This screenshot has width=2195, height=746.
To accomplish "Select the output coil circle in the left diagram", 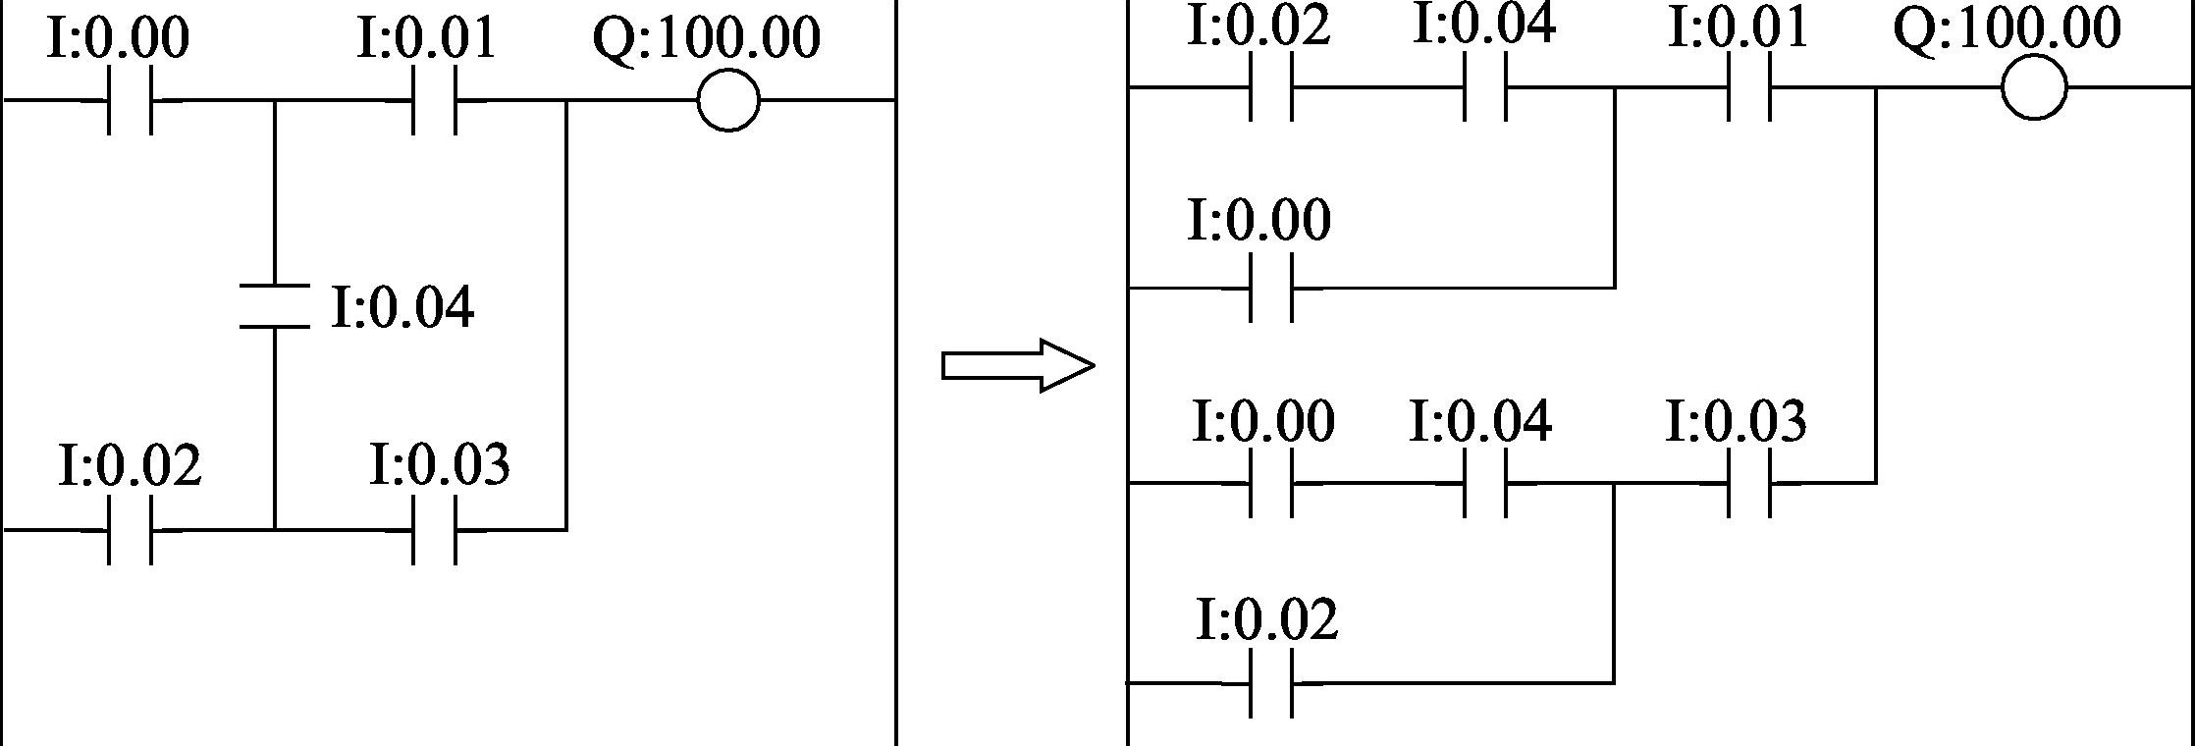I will click(x=727, y=100).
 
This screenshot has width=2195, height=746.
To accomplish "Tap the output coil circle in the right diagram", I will click(x=2033, y=88).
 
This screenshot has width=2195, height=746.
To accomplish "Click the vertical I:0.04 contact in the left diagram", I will click(x=275, y=305).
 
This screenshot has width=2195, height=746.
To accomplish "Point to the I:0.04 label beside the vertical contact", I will click(x=402, y=307).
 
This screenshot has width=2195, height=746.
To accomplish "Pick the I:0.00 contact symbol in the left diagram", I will click(x=129, y=100).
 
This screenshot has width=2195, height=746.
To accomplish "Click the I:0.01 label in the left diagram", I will click(x=426, y=39).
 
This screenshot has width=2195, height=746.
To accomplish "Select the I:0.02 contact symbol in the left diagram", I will click(x=131, y=530).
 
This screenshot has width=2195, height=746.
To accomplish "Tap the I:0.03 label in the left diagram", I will click(x=440, y=465).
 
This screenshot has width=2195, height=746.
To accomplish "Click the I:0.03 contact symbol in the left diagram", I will click(x=434, y=530).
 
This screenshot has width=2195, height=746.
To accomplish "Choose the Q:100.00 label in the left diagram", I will click(x=706, y=39).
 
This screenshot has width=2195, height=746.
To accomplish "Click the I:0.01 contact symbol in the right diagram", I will click(x=1749, y=88).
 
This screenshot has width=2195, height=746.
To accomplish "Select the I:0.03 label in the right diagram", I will click(x=1736, y=421).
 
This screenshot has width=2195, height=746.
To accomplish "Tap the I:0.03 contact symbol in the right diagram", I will click(x=1749, y=483).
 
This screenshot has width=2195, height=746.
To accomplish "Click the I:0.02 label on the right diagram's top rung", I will click(x=1258, y=26).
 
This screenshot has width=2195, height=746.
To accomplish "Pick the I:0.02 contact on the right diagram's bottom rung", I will click(x=1271, y=682).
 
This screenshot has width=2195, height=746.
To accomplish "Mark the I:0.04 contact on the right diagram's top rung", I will click(x=1484, y=88).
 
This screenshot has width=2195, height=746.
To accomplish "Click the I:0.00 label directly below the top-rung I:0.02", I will click(x=1258, y=219).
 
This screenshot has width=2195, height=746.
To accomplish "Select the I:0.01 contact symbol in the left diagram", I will click(x=434, y=100).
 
